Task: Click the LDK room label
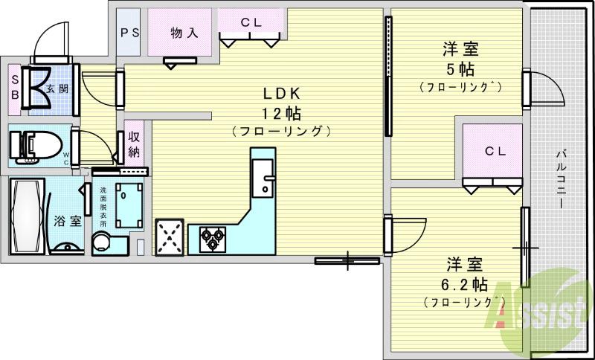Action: pos(280,94)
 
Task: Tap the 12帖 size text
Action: pos(280,114)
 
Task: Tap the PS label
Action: pos(130,33)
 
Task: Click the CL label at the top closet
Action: pos(251,22)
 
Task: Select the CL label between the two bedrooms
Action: pos(495,151)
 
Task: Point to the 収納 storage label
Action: pos(135,144)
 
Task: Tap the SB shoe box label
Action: pos(15,88)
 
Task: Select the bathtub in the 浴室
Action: pos(25,215)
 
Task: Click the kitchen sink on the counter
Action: pos(262,181)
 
